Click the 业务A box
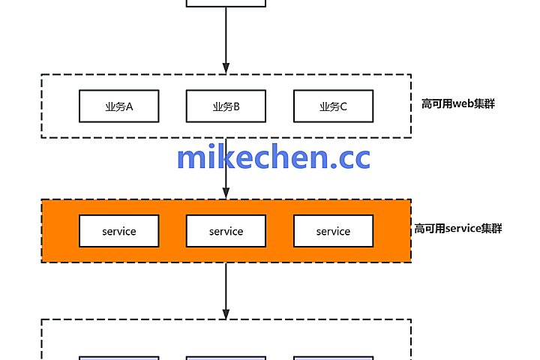click(118, 106)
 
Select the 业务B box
click(226, 106)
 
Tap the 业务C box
click(333, 106)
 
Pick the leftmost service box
click(118, 231)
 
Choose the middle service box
click(226, 231)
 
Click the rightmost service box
click(333, 231)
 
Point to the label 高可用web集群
click(458, 103)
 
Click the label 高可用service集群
click(457, 228)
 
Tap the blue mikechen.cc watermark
click(273, 157)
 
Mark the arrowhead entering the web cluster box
click(226, 69)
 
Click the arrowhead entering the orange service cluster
click(226, 194)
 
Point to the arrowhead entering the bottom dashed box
click(226, 313)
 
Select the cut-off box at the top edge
click(226, 3)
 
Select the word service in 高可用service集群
click(463, 228)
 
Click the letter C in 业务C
click(343, 106)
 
